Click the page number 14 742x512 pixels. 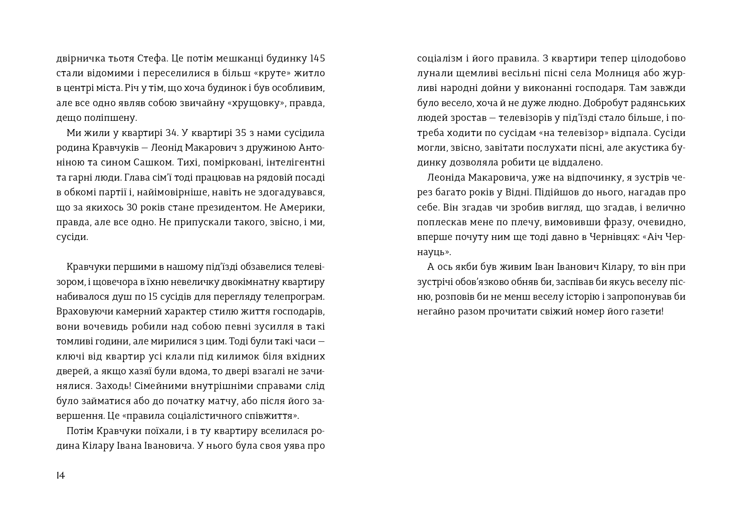click(61, 476)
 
